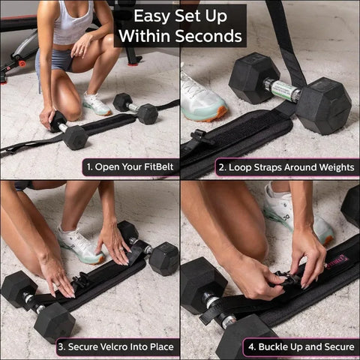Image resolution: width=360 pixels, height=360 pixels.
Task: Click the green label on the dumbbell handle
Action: [x=285, y=91]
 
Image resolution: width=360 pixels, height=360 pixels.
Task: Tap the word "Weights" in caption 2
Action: [x=331, y=166]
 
